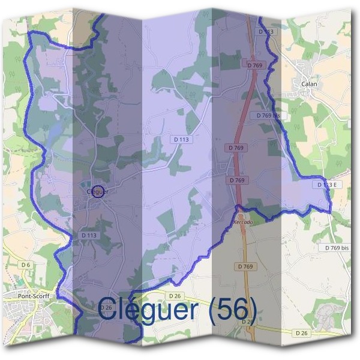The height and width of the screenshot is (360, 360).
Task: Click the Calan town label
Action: coord(308,85)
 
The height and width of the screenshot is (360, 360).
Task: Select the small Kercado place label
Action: coord(243,222)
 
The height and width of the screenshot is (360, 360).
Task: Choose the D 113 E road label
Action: coord(324,185)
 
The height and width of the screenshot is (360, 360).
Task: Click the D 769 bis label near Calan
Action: coord(268,115)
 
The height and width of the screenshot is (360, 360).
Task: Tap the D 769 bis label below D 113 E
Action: coord(337,248)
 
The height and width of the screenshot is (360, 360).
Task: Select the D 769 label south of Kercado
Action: coord(245,266)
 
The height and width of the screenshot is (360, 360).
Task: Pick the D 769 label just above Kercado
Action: coord(238,180)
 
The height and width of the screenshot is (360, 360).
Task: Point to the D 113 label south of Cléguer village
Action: coord(89,236)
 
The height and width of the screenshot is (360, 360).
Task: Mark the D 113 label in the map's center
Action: coord(181,139)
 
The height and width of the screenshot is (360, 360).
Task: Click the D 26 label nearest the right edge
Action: coord(302,332)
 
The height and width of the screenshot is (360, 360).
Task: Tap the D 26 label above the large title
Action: coord(175,296)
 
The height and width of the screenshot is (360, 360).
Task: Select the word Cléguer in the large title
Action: coord(147,310)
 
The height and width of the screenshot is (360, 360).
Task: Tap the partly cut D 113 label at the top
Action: coord(266,31)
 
